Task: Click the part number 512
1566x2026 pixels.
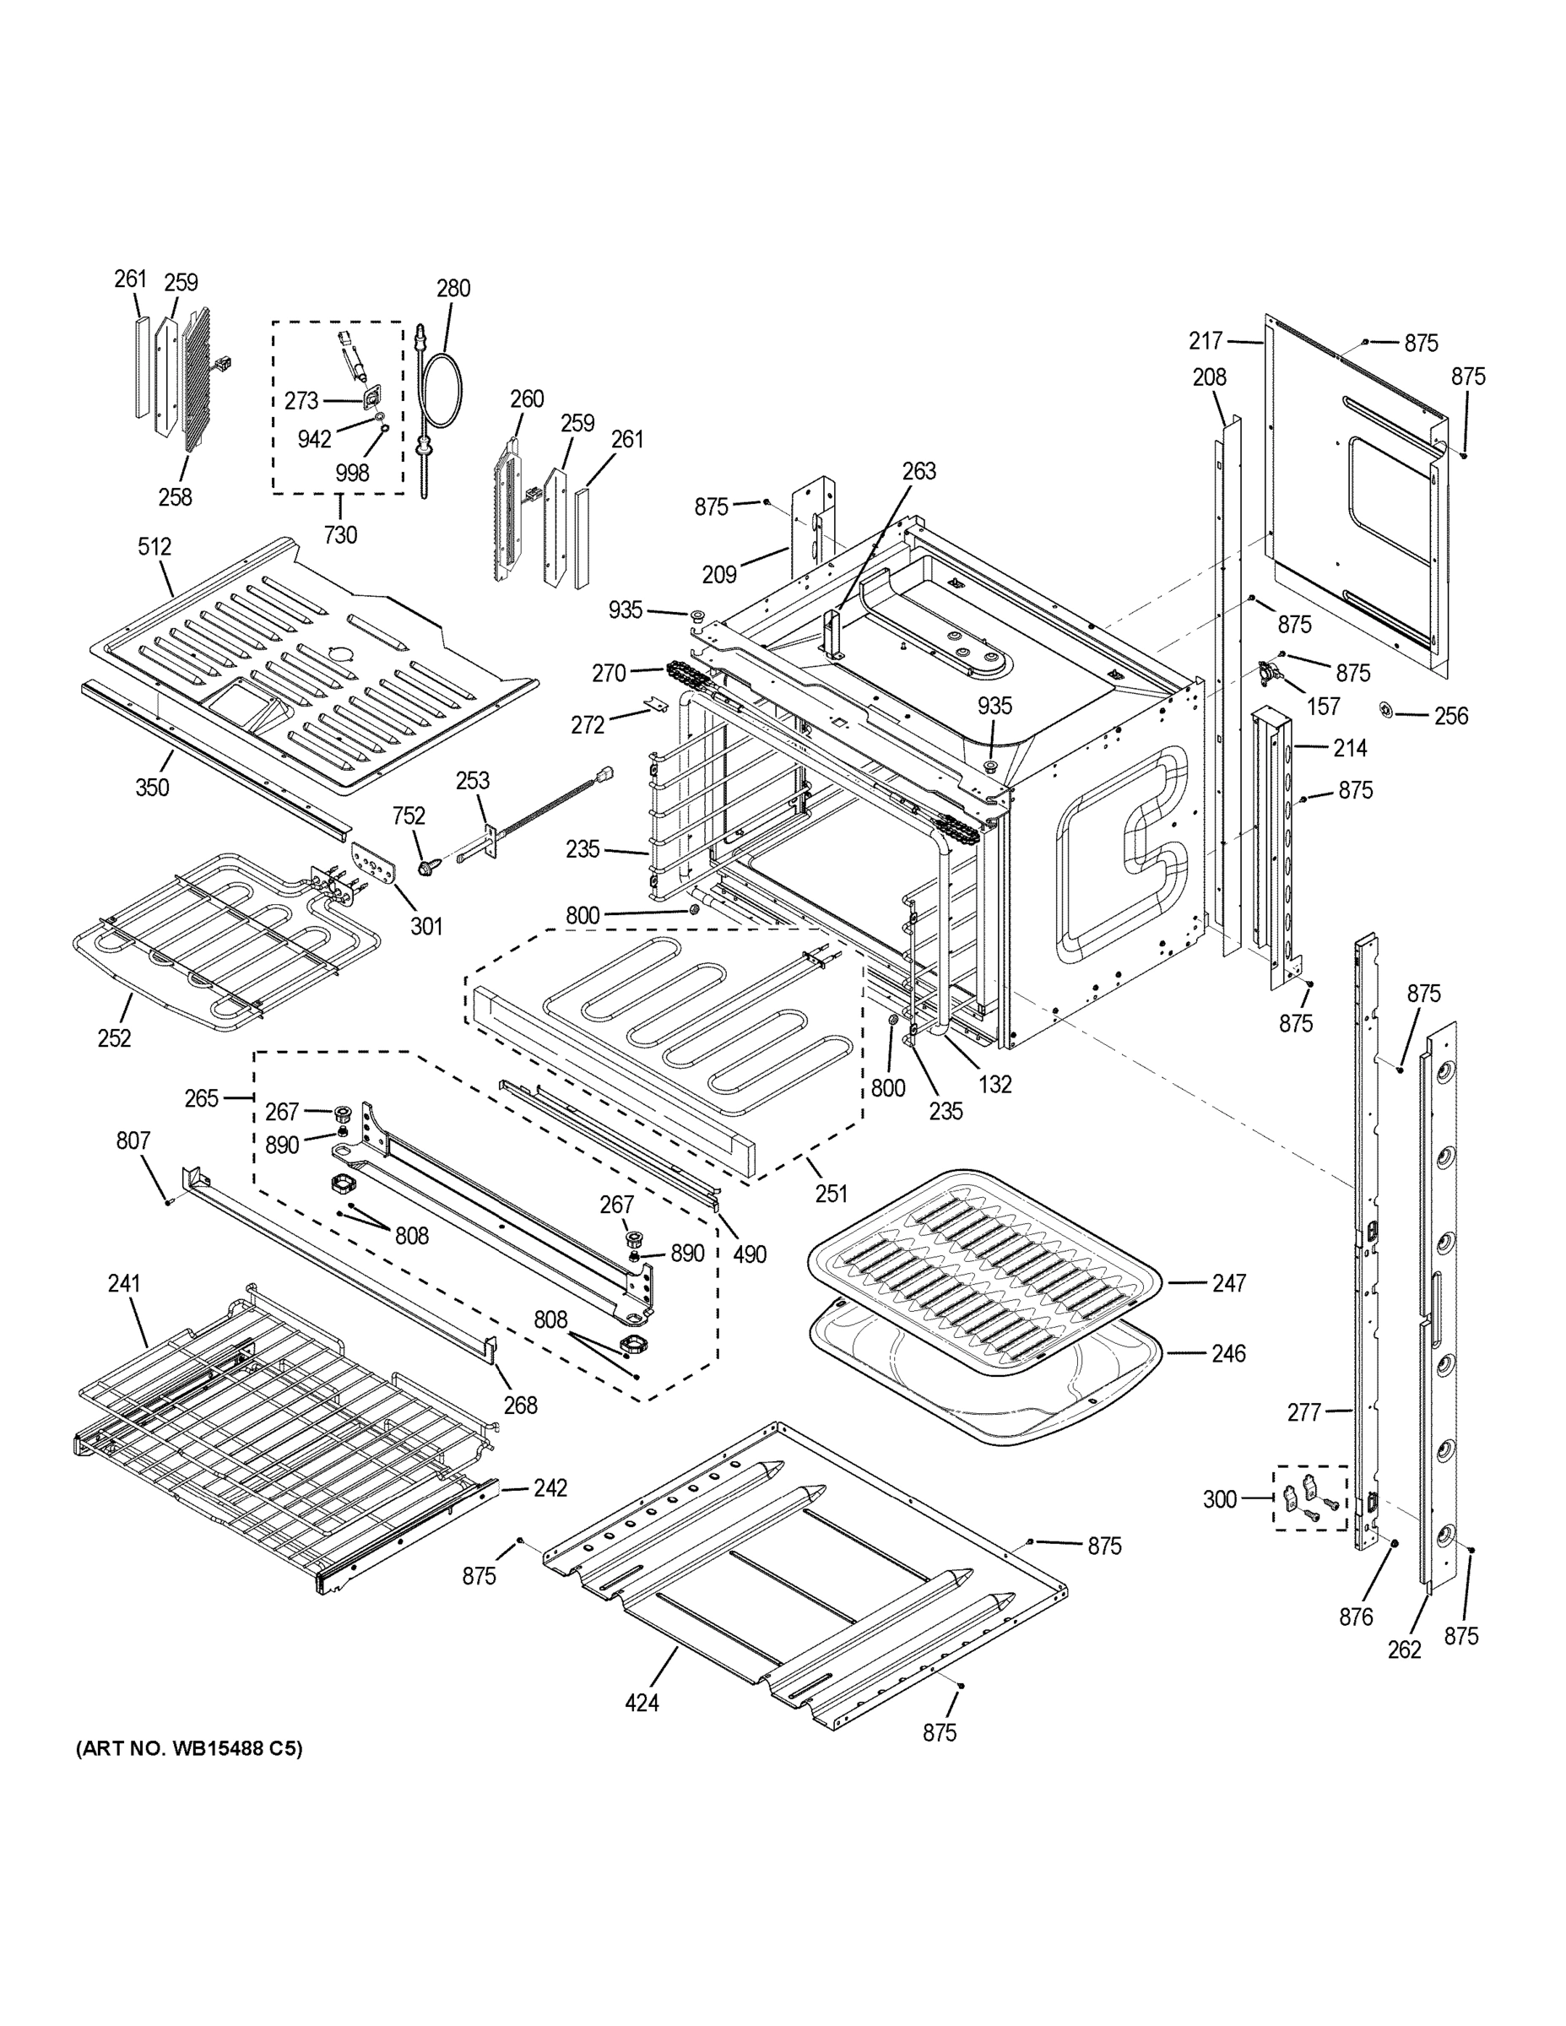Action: pos(155,546)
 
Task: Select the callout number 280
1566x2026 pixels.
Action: pos(453,289)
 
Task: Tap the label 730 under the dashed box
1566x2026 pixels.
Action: pos(340,535)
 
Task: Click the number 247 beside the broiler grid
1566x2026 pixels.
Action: pos(1229,1283)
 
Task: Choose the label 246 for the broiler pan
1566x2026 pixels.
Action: pos(1229,1353)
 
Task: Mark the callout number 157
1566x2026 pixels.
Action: pos(1323,707)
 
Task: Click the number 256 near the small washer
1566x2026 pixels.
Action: pos(1451,715)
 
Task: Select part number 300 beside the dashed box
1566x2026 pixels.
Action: pos(1220,1499)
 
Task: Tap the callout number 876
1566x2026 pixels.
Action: pos(1356,1617)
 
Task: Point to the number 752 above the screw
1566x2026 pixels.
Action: pos(409,815)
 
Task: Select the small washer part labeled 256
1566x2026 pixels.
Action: pos(1388,711)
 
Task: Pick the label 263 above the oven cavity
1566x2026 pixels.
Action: pos(919,471)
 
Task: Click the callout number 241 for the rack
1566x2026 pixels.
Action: pos(123,1283)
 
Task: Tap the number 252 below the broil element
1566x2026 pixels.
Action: pos(114,1038)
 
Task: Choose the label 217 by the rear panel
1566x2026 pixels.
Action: pos(1206,341)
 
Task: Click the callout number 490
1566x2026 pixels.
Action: pos(750,1254)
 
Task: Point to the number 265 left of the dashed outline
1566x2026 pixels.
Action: pos(201,1098)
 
